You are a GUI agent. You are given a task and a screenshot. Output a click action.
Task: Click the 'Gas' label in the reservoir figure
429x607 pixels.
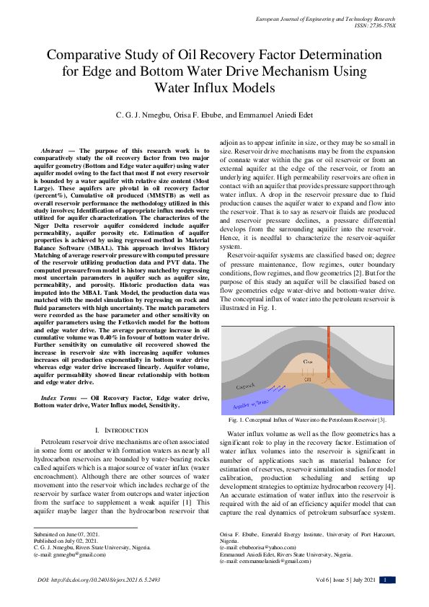click(308, 361)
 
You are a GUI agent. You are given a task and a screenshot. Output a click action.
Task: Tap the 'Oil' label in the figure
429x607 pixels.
click(307, 377)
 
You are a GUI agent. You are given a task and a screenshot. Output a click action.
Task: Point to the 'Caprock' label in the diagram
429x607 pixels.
click(246, 387)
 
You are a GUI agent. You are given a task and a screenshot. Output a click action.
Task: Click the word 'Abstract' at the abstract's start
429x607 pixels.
click(56, 149)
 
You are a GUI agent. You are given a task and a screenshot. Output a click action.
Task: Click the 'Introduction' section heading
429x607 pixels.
click(115, 430)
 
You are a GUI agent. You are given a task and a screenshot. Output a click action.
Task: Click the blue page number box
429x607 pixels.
click(387, 580)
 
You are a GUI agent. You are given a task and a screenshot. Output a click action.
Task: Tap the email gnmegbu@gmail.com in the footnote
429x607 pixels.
click(71, 557)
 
